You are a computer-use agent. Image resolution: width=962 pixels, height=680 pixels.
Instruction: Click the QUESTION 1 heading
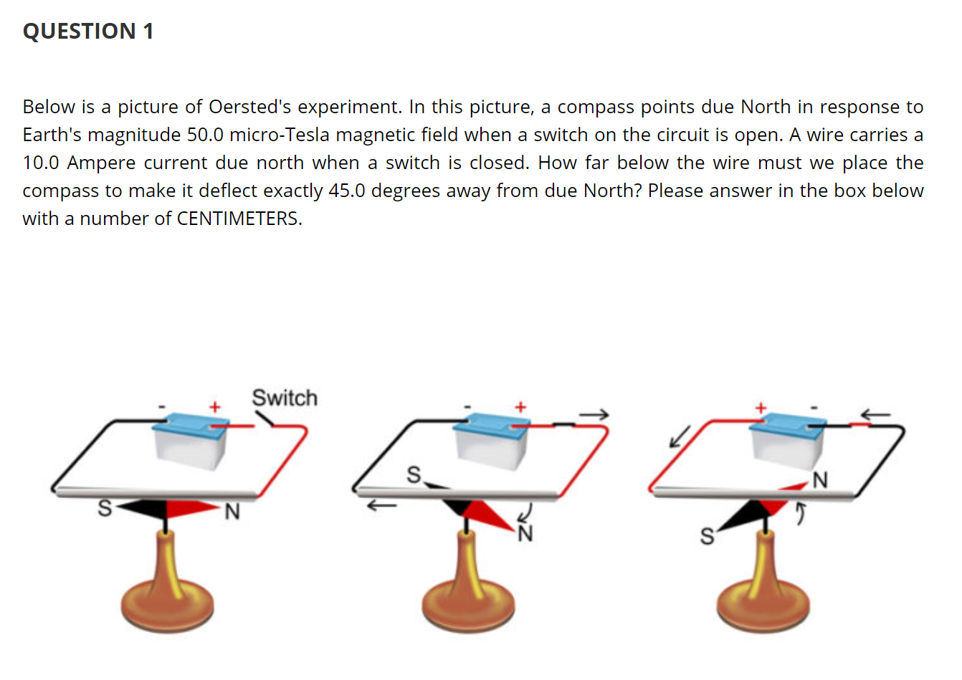88,32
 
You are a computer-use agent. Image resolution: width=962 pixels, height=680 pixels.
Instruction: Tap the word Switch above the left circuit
285,398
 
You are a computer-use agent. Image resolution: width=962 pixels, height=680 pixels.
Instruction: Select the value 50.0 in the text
205,135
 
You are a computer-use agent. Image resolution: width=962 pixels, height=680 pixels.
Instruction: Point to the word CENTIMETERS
239,219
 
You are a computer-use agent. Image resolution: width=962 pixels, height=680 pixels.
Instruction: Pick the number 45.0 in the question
346,191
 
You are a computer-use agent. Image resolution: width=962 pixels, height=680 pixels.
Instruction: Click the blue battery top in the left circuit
191,425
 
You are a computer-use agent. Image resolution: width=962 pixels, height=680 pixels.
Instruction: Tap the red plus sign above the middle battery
520,406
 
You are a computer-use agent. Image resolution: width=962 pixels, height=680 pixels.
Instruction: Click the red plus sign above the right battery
761,408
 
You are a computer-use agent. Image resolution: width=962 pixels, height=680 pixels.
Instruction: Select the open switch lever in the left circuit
264,418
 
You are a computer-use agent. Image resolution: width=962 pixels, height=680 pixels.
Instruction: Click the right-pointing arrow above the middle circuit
594,414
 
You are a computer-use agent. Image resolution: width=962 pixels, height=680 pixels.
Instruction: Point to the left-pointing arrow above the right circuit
876,414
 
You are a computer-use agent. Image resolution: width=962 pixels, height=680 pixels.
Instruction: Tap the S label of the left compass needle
105,508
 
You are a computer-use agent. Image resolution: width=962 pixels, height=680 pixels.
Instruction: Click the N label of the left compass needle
232,512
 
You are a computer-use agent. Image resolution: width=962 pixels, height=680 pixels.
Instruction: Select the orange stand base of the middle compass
468,605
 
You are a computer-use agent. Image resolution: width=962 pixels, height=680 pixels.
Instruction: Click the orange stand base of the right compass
763,605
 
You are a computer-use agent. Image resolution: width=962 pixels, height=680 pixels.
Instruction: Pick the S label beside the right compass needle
707,536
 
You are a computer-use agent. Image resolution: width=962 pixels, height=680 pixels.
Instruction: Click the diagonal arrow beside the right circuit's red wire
680,436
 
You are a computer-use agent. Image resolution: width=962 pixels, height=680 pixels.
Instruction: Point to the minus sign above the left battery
162,406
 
